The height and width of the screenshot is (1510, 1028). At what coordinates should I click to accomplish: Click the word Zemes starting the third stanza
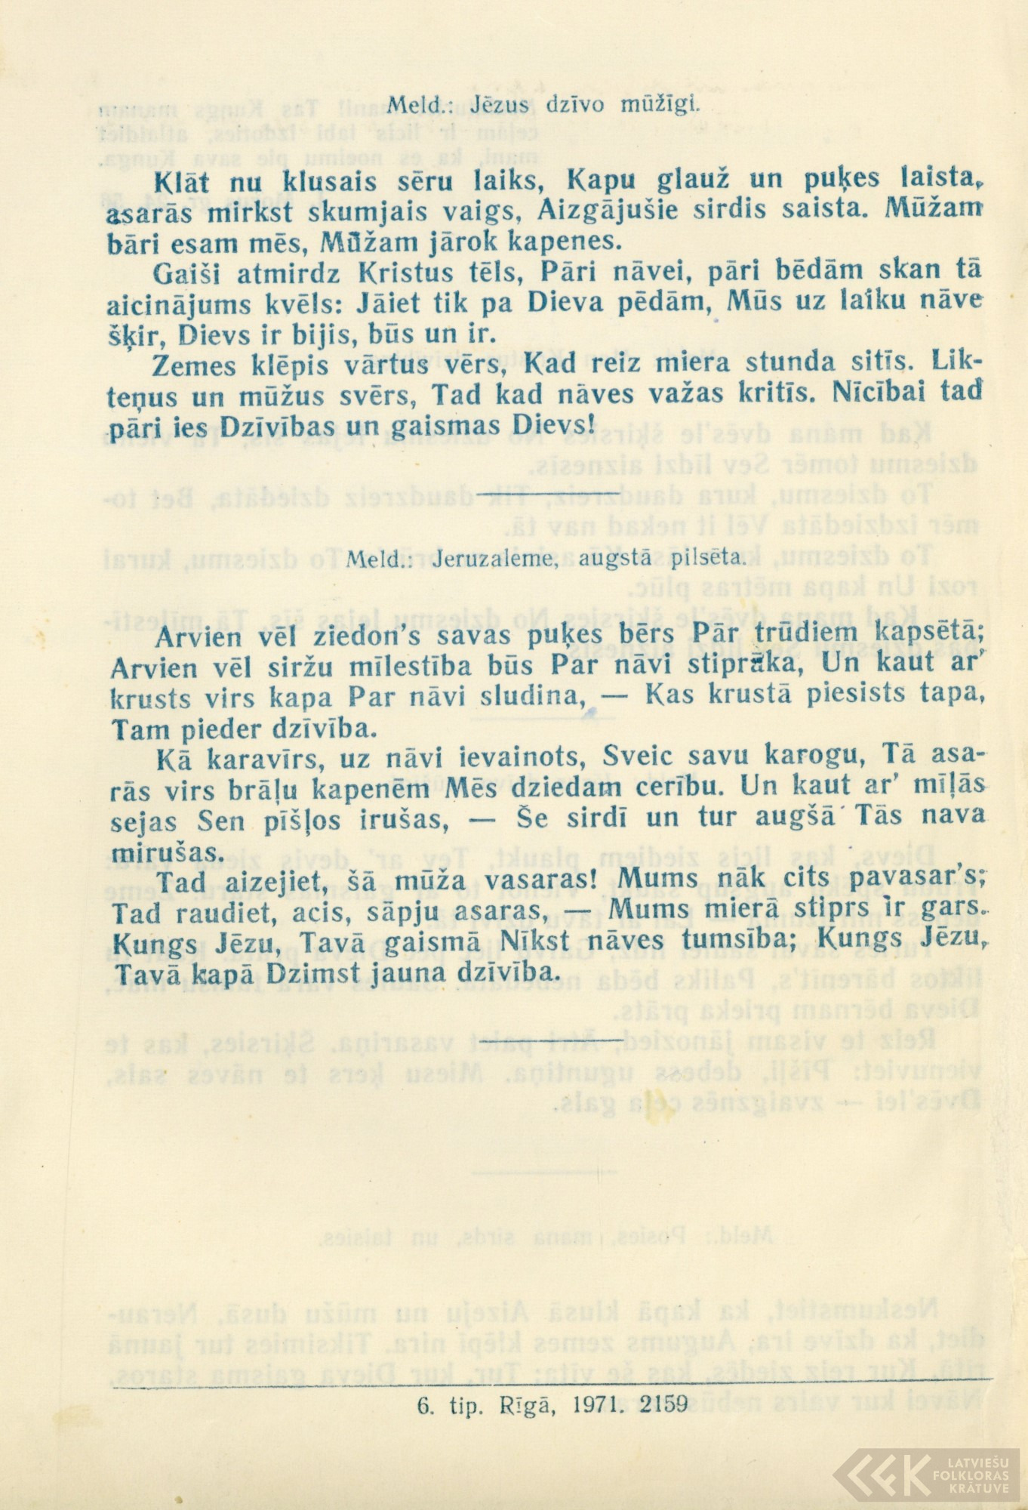tap(193, 366)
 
